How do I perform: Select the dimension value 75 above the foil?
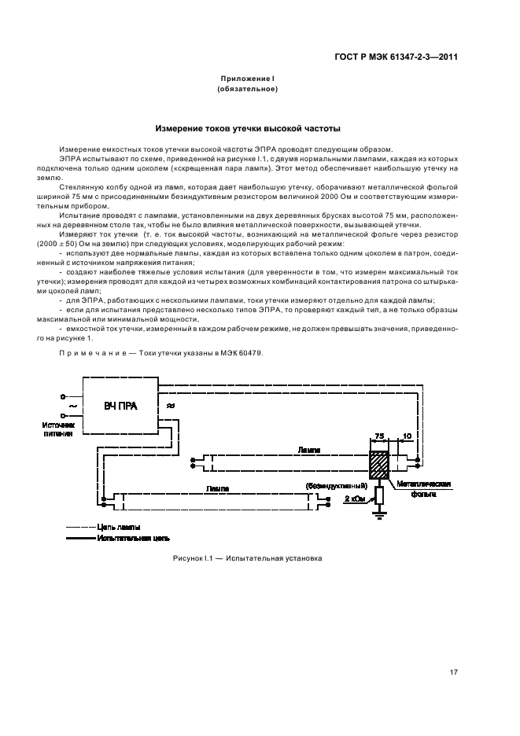(x=380, y=435)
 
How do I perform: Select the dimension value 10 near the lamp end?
(x=407, y=435)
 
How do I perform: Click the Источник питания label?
(x=59, y=428)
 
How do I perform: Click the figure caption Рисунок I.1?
(x=247, y=559)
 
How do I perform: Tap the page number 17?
(x=454, y=672)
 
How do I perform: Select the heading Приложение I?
(x=247, y=79)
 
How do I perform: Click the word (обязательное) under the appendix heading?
(x=247, y=89)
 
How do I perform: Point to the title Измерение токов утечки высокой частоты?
(x=247, y=127)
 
